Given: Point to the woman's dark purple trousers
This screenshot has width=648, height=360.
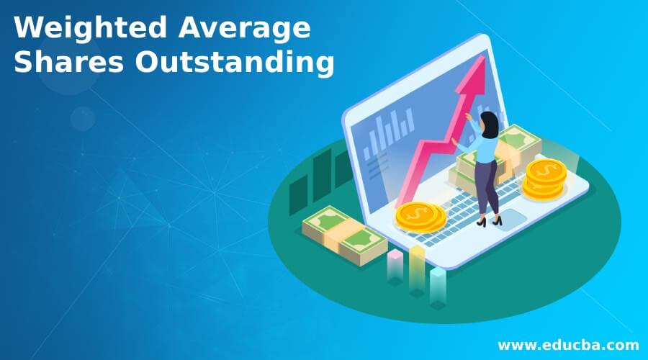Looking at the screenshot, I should (x=486, y=187).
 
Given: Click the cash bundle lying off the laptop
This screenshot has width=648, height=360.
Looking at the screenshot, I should (x=344, y=235).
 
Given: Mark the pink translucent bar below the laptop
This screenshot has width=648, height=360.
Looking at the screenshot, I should (x=395, y=265).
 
